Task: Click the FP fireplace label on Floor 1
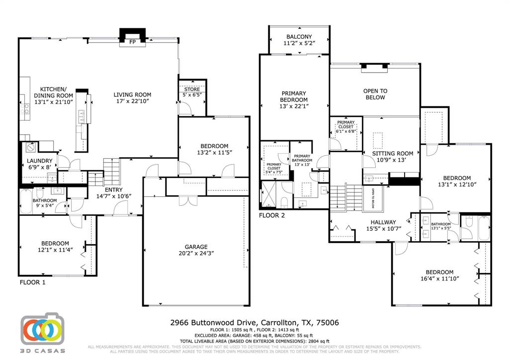point(132,42)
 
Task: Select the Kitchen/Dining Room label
point(53,92)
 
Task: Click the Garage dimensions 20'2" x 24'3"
point(196,253)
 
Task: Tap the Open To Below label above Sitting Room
point(375,94)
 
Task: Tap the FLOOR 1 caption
point(32,282)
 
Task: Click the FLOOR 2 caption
point(272,215)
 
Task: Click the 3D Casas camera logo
point(42,330)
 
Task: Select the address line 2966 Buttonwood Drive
point(254,322)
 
